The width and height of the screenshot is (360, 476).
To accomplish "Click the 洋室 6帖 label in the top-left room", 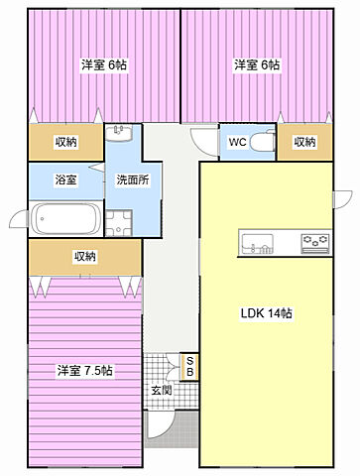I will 103,64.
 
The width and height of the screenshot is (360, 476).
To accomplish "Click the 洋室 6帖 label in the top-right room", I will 256,64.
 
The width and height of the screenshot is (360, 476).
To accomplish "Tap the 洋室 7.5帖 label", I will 84,371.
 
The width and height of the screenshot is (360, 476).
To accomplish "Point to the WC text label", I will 237,142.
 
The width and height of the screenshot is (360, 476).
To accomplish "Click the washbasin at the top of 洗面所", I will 118,134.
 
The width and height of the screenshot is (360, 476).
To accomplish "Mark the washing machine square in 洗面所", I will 119,221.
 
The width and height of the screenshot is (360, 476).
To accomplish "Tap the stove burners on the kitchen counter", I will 315,242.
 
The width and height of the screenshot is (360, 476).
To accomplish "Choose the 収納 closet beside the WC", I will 305,142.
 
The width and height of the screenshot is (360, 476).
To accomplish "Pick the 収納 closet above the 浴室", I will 66,142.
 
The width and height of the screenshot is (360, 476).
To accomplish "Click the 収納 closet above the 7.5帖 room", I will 84,257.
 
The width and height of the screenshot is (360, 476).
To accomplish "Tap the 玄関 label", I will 161,391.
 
